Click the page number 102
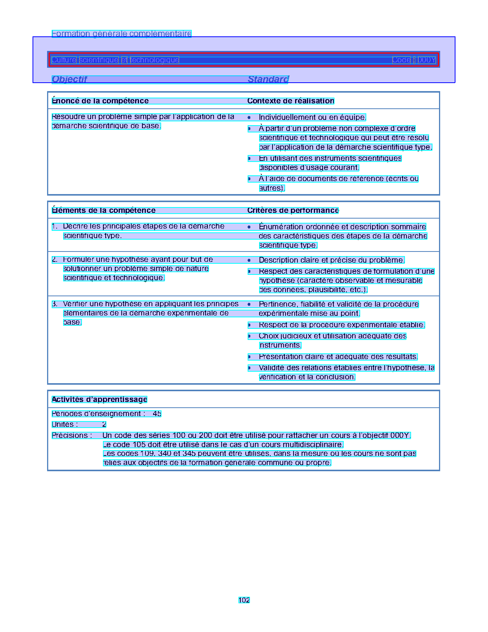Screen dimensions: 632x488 [x=244, y=600]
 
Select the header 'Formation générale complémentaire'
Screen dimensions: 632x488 [x=121, y=34]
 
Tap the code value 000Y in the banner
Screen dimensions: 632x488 [x=426, y=60]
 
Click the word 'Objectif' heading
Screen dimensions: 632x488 [x=69, y=79]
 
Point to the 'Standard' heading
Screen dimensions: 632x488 [x=268, y=79]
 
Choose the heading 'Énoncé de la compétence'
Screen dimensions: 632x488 [x=100, y=101]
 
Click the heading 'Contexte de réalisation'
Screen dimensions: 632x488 [x=291, y=101]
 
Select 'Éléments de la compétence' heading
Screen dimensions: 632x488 [x=104, y=211]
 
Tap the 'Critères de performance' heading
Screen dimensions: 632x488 [x=293, y=211]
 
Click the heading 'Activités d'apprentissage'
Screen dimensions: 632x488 [x=100, y=400]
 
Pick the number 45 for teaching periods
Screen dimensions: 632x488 [x=157, y=414]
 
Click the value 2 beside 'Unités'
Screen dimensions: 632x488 [x=104, y=425]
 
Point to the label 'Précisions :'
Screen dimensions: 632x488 [x=72, y=436]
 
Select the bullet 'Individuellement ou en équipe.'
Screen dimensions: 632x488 [x=312, y=118]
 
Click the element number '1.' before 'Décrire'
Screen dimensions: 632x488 [x=55, y=227]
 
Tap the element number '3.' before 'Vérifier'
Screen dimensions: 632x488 [x=55, y=304]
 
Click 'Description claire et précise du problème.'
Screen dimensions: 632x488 [x=331, y=260]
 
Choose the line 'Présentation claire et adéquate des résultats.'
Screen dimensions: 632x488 [x=338, y=357]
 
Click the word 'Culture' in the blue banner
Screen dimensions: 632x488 [x=64, y=60]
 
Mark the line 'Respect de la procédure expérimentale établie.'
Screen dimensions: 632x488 [x=342, y=325]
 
